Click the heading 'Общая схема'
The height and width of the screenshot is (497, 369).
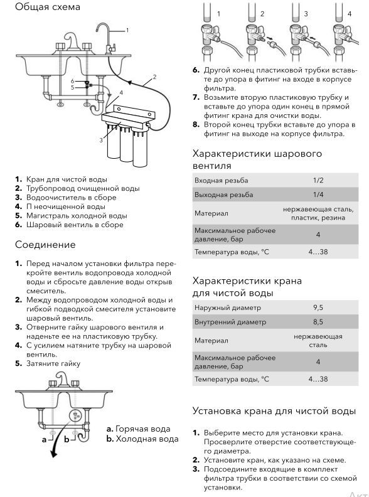click(x=48, y=7)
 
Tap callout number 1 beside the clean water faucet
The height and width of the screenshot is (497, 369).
click(x=127, y=30)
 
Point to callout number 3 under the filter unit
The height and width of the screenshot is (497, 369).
click(x=101, y=140)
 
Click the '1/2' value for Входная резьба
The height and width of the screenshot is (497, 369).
click(x=318, y=180)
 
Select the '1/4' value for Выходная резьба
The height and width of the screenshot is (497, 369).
click(x=318, y=195)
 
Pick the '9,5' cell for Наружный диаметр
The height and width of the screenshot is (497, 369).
click(x=318, y=307)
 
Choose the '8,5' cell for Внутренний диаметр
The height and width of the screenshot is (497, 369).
click(x=318, y=322)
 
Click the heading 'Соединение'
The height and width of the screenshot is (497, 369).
click(x=45, y=245)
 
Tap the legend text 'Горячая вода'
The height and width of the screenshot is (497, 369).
click(x=143, y=429)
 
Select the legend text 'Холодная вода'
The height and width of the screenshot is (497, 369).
click(x=147, y=439)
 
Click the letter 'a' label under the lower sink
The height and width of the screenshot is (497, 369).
click(x=44, y=440)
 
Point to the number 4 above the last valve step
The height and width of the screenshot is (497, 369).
click(x=350, y=14)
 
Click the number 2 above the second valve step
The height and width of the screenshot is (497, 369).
click(x=262, y=14)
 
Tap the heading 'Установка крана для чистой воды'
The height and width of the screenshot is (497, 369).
click(x=274, y=411)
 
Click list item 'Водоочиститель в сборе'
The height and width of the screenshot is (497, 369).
click(x=72, y=198)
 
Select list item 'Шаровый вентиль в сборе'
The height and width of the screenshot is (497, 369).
click(x=75, y=225)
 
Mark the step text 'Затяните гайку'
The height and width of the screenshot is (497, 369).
click(x=53, y=363)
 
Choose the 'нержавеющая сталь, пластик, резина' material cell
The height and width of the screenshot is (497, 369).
click(x=318, y=213)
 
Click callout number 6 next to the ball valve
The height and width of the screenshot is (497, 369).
click(x=73, y=81)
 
